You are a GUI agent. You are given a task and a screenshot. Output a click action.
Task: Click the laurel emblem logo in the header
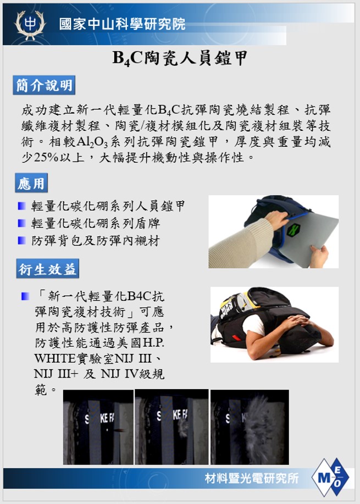(x=30, y=25)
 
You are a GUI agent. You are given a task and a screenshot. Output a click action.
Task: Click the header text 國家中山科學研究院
(x=122, y=24)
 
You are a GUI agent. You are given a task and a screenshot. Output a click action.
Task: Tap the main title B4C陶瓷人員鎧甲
(x=180, y=58)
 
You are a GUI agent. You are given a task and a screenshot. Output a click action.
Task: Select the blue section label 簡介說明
(x=44, y=85)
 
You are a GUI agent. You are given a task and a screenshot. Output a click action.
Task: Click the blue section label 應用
(x=31, y=183)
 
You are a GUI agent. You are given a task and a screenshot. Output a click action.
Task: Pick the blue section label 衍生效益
(x=48, y=269)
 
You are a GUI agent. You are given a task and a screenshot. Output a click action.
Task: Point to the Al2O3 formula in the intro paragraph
(x=92, y=142)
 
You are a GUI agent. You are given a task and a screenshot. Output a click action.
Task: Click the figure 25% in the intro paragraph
(x=46, y=158)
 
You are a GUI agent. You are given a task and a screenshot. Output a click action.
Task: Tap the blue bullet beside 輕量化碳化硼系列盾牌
(x=22, y=223)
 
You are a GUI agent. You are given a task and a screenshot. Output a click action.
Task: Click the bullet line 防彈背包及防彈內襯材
(x=96, y=240)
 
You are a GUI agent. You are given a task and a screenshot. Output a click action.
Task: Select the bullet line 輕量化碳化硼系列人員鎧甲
(x=108, y=206)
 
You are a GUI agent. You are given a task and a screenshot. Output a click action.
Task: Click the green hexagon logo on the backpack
(x=293, y=230)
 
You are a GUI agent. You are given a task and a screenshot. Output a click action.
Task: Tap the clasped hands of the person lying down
(x=300, y=321)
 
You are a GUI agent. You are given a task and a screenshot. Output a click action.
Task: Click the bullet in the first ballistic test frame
(x=120, y=430)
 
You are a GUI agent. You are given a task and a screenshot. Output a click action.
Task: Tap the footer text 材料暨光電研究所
(x=252, y=478)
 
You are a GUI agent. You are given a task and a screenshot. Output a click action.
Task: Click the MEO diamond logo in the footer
(x=330, y=478)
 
